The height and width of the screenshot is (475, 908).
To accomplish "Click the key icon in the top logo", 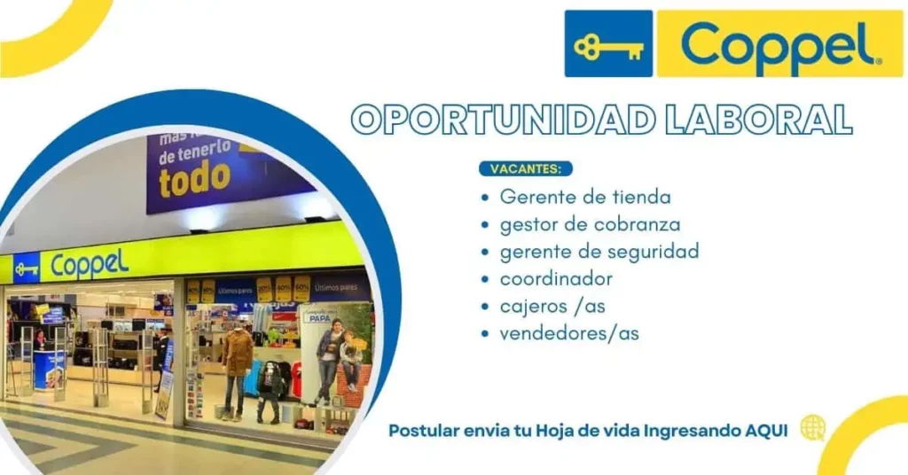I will click(608, 44).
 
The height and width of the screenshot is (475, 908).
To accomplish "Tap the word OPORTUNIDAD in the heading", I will click(477, 120).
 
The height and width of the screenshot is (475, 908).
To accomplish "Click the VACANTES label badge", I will click(526, 168).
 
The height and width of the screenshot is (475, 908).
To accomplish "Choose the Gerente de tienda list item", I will click(585, 196).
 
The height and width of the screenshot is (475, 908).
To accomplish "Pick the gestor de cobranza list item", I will click(590, 224).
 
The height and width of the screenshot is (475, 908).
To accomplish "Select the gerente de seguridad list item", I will click(599, 252).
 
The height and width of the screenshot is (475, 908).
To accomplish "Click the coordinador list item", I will click(556, 279).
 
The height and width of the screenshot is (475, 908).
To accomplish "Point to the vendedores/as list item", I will click(569, 334).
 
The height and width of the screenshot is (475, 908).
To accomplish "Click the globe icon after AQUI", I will click(812, 428).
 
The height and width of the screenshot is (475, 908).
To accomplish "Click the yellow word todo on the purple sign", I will click(194, 180).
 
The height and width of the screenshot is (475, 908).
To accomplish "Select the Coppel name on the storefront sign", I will click(90, 263).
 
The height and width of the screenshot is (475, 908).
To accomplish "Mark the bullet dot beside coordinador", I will click(484, 280).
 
